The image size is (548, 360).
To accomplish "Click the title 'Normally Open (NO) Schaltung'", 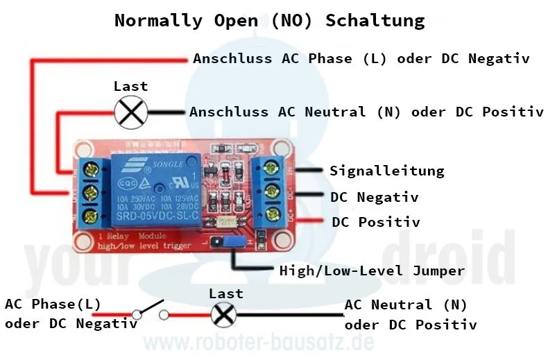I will (x=269, y=20).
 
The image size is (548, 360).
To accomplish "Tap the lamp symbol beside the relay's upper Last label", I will (x=130, y=112).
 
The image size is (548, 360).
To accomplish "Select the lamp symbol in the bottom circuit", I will (x=223, y=315).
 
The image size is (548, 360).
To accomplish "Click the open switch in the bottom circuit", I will (x=151, y=310).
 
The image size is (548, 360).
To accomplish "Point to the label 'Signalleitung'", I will (x=386, y=171).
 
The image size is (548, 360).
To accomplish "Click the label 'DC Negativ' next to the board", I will (x=374, y=197).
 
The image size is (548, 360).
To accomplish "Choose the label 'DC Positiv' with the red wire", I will (x=375, y=223).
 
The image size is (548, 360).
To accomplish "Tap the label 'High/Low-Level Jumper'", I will (x=371, y=271).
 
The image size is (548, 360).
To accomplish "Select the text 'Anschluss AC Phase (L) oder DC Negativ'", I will (x=361, y=59).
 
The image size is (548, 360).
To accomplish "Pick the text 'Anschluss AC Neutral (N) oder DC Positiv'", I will (x=366, y=112).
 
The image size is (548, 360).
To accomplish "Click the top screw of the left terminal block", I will (x=89, y=166).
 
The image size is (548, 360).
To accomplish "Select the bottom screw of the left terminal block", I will (x=89, y=216).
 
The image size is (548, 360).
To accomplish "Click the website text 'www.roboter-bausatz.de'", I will (x=258, y=343).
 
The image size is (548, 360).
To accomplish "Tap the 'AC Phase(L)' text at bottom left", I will (x=53, y=304).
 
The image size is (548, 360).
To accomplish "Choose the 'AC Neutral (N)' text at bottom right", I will (x=406, y=305).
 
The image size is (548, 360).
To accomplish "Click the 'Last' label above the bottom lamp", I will (x=226, y=293).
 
